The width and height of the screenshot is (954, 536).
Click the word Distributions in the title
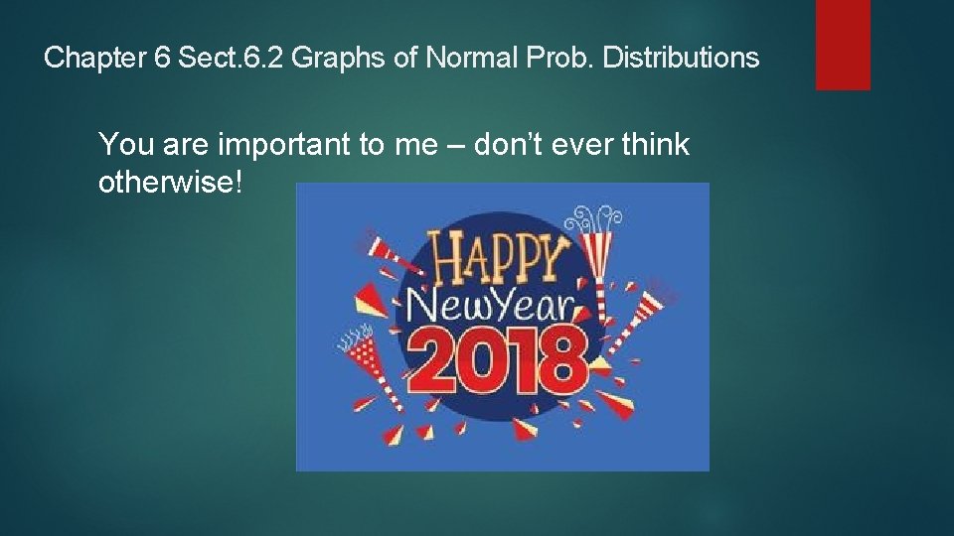tap(681, 59)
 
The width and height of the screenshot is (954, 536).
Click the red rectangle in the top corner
tap(843, 45)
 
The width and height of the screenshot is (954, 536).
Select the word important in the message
tap(280, 146)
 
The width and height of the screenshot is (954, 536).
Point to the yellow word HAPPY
tap(496, 260)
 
